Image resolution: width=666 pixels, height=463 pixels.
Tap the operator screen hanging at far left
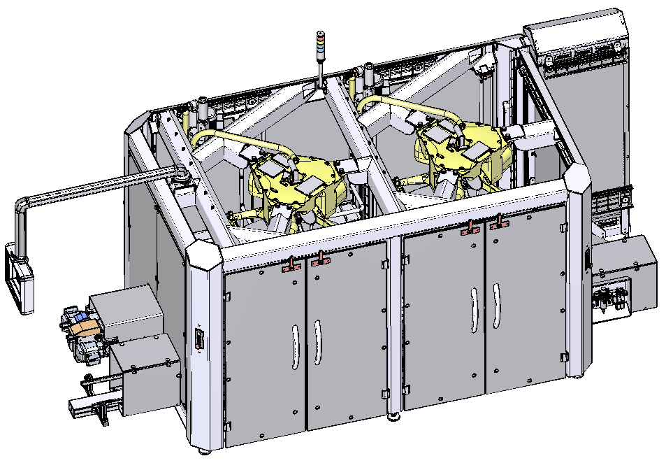tap(19, 278)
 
